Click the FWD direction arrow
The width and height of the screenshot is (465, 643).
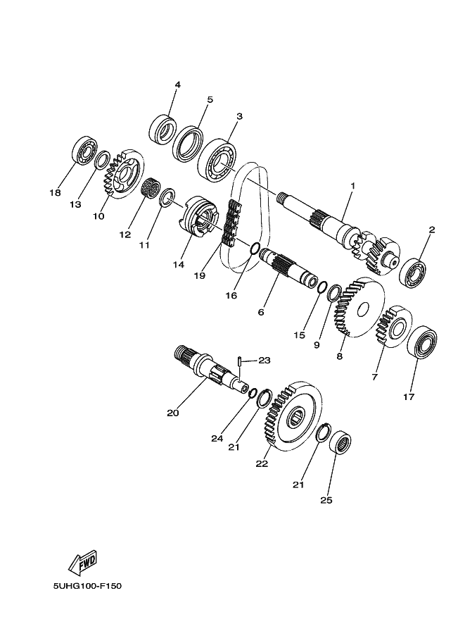(x=83, y=561)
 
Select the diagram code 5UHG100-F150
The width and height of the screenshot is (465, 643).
(x=87, y=586)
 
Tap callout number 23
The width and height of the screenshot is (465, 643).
(x=265, y=361)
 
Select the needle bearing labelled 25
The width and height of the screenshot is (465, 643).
(x=341, y=443)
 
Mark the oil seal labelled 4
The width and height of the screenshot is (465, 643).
(x=161, y=130)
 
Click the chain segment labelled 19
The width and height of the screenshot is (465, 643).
(x=231, y=223)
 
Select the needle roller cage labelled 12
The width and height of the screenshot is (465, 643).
(x=151, y=189)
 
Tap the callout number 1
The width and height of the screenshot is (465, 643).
(x=352, y=186)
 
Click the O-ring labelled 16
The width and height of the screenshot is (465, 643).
(x=255, y=249)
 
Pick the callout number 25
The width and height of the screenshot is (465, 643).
(x=326, y=500)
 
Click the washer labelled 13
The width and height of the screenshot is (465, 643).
(x=102, y=160)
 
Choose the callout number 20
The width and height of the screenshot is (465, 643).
(x=173, y=413)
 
